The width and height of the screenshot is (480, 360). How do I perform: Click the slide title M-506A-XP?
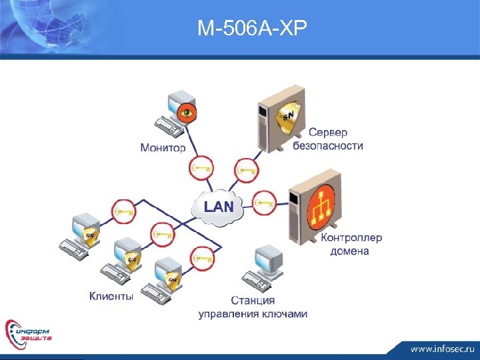[x=253, y=28]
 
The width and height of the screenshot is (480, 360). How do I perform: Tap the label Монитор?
[x=163, y=147]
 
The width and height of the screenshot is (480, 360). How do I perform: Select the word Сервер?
[x=328, y=133]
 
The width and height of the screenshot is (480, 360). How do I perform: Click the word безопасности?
[x=328, y=146]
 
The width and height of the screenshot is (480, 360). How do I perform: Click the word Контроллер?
[x=351, y=238]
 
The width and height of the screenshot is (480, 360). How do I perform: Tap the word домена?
[x=349, y=251]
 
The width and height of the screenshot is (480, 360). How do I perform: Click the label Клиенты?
[x=111, y=296]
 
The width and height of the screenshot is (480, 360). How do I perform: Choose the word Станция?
[x=253, y=301]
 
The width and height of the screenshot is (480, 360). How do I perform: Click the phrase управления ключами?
[x=253, y=314]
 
